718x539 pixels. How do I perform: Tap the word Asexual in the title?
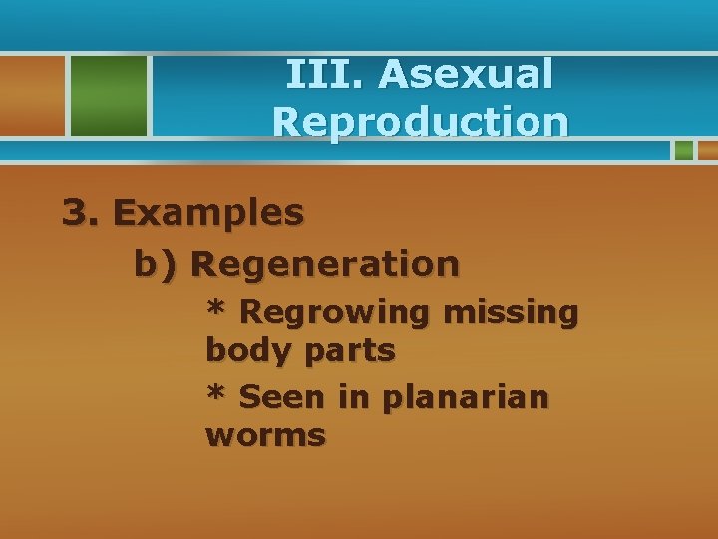tap(466, 75)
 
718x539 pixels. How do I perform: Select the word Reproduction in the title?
tap(420, 122)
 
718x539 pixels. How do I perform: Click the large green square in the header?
tap(107, 95)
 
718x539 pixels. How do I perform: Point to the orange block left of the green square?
tap(30, 95)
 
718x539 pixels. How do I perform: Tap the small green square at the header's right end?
tap(683, 150)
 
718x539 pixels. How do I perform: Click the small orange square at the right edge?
tap(707, 150)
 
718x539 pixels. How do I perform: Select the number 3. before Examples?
tap(81, 212)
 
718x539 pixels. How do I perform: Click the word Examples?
tap(208, 213)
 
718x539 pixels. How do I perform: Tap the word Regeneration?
tap(325, 266)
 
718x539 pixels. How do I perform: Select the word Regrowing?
tap(334, 313)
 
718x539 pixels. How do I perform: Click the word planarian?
tap(465, 398)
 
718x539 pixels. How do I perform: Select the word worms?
tap(265, 436)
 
